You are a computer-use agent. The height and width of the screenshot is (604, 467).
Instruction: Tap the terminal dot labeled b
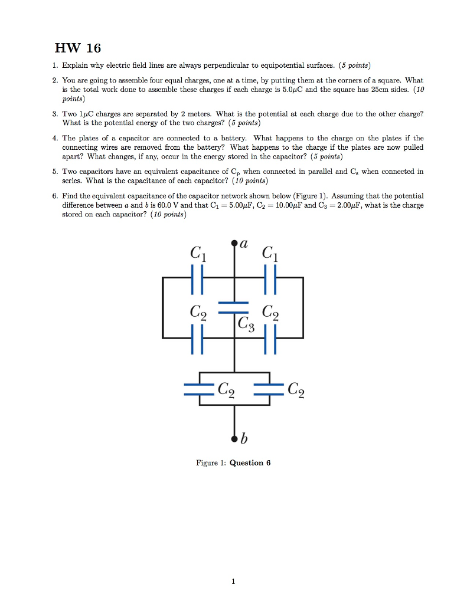coord(234,439)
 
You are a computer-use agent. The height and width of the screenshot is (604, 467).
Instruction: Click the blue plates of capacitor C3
coord(234,307)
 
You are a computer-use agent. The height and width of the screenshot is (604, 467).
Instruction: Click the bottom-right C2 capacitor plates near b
coord(269,390)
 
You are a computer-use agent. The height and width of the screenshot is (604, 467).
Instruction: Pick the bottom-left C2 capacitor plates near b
coord(200,390)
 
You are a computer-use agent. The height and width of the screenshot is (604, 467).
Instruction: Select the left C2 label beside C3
coord(198,312)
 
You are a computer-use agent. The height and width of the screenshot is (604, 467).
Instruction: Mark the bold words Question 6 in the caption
coord(250,463)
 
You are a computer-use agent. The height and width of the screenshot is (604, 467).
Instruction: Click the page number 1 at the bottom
coord(234,582)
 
